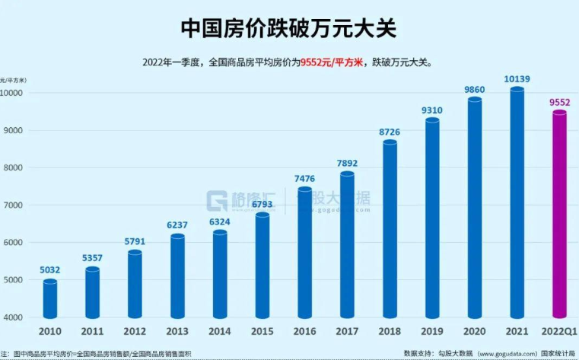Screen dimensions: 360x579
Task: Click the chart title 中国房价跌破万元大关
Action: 289,28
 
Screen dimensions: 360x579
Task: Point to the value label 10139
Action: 517,78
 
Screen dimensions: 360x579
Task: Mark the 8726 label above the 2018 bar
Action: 390,132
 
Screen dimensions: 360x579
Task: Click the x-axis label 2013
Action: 177,332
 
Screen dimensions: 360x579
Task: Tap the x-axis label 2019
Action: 432,332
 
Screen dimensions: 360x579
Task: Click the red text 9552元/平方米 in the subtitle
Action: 332,62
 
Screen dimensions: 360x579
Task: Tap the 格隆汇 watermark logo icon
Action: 218,200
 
